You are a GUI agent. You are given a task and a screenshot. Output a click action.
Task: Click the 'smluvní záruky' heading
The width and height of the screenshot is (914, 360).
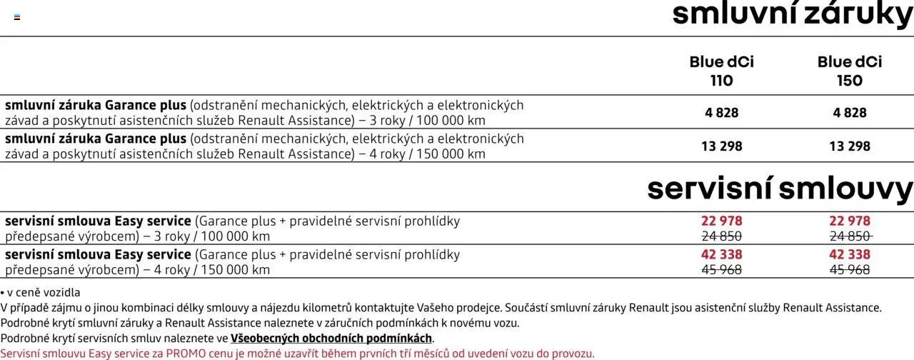pos(793,14)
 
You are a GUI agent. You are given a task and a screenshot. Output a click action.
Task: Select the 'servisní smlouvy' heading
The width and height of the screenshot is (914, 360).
pos(780,189)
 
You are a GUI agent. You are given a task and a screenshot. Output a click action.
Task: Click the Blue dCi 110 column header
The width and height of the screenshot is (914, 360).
pos(721,71)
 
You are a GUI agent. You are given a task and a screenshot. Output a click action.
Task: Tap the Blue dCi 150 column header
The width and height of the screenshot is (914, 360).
pos(849,71)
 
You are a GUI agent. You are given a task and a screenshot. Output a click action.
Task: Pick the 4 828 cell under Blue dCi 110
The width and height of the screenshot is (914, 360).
pos(721,113)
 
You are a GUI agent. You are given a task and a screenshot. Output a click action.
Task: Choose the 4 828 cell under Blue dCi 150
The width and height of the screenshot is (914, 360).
pos(849,113)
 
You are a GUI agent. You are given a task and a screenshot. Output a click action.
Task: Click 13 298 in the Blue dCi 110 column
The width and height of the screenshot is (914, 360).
pos(721,146)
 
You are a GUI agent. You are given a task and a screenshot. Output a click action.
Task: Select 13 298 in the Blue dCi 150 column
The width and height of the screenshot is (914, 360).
pos(849,146)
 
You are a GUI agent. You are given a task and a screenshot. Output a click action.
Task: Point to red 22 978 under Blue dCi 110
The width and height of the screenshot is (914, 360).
pos(721,221)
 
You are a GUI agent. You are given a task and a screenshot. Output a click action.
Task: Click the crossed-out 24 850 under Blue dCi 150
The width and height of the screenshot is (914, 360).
pos(849,236)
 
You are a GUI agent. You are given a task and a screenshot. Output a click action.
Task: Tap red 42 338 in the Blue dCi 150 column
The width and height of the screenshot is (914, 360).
pos(849,255)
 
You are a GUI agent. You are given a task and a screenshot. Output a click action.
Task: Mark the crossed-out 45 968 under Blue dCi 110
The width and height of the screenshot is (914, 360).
pos(721,270)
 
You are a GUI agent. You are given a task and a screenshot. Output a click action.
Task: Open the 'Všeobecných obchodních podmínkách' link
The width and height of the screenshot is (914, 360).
pos(331,339)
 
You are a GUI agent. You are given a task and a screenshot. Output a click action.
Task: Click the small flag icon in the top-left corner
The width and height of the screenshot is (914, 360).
pos(17,17)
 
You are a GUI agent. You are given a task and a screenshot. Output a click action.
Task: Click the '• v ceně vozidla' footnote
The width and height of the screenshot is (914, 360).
pos(41,292)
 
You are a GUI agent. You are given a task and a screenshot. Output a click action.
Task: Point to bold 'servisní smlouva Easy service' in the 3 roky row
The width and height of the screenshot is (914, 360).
pos(98,221)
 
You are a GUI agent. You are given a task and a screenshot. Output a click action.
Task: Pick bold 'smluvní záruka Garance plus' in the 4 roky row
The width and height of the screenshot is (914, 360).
pos(96,139)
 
